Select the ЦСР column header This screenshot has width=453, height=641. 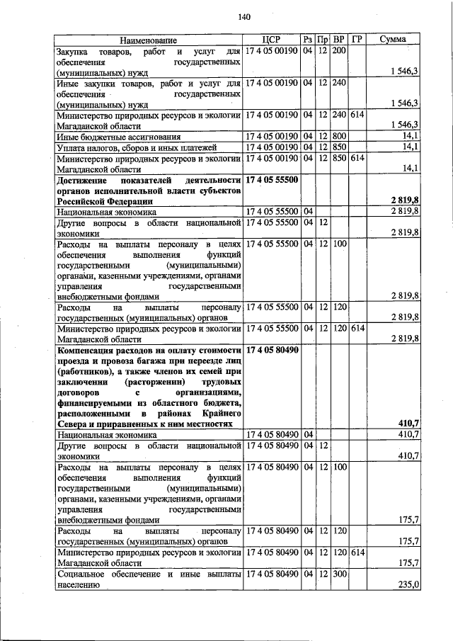click(x=272, y=40)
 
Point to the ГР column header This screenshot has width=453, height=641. click(x=357, y=40)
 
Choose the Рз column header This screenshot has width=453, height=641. click(x=307, y=40)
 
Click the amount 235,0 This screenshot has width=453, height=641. click(x=408, y=585)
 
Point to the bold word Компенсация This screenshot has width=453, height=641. click(x=91, y=350)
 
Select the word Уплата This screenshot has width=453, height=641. click(x=71, y=147)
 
